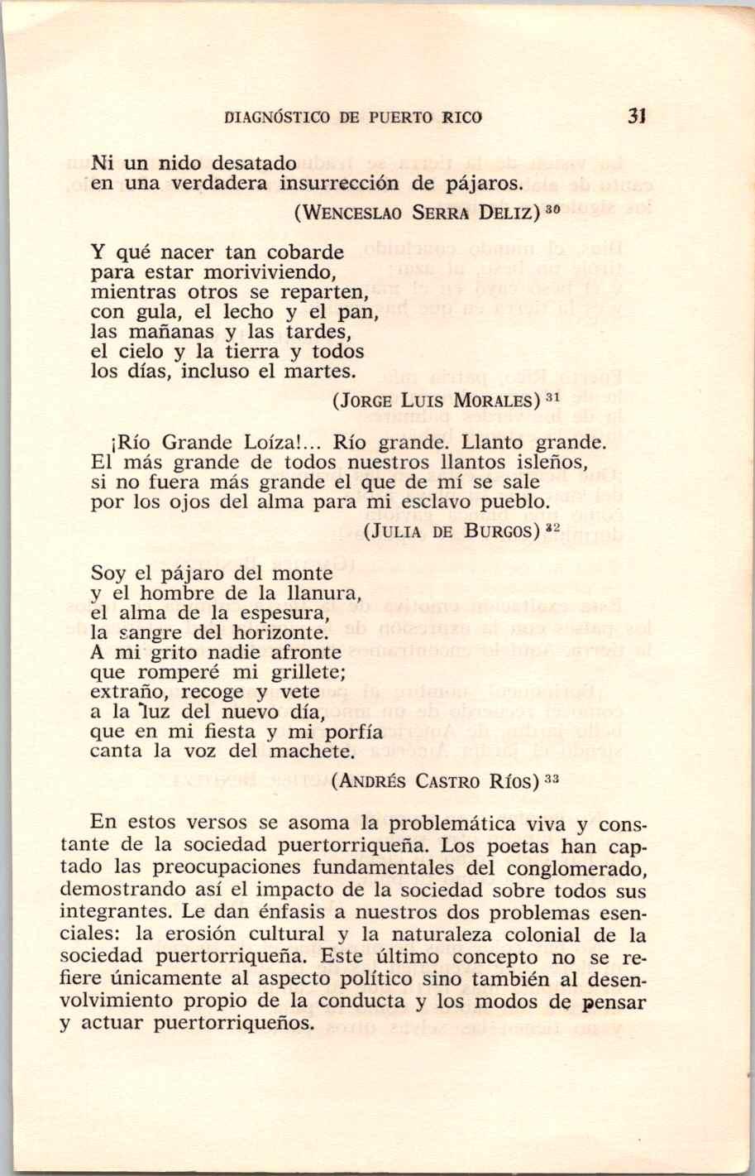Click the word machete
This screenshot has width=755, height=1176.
[x=313, y=752]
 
